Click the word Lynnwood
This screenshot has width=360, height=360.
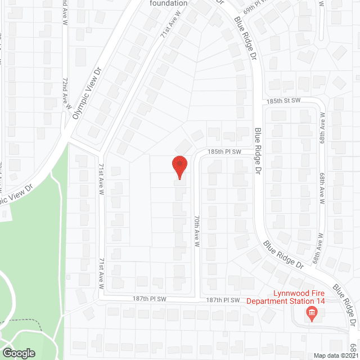(x=289, y=293)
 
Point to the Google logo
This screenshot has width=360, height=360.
(x=18, y=353)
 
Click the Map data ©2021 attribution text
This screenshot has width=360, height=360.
(x=335, y=355)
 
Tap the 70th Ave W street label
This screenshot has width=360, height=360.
(x=197, y=230)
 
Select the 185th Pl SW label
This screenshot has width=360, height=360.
(x=224, y=152)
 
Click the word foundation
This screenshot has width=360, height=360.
(x=168, y=3)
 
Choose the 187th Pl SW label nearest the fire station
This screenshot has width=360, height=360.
(x=223, y=300)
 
